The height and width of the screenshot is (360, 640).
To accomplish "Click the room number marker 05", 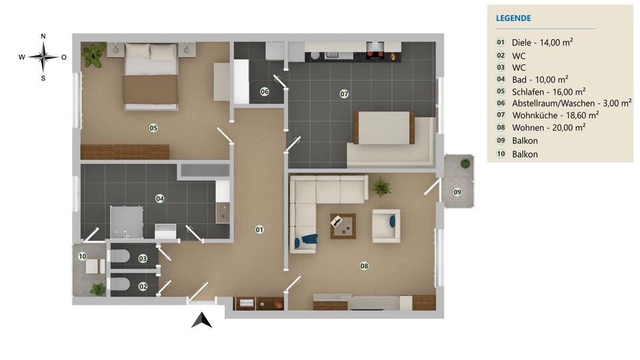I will click(x=153, y=127).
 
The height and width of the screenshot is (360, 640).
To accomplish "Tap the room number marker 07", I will click(x=344, y=94).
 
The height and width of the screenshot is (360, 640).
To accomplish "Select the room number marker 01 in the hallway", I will click(x=259, y=229).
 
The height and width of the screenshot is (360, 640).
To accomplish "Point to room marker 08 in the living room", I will click(x=364, y=265).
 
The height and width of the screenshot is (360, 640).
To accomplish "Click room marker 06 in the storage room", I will click(x=265, y=91).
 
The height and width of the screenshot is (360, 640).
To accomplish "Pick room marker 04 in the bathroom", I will click(x=160, y=198).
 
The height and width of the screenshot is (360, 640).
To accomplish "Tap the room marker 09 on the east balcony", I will click(x=457, y=192).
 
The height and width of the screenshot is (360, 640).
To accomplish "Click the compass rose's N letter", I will click(x=43, y=36).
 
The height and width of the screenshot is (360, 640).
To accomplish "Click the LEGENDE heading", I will click(x=513, y=19).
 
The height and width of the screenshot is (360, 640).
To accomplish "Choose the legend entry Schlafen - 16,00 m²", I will click(x=548, y=91).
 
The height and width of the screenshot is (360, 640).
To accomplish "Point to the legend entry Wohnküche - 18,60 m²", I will click(x=555, y=115).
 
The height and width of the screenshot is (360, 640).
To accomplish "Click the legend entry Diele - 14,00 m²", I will click(x=543, y=42).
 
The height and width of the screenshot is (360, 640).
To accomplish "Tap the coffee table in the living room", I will click(x=343, y=225).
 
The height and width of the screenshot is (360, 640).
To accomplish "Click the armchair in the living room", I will click(x=387, y=225).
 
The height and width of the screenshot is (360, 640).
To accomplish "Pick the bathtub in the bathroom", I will click(x=204, y=171).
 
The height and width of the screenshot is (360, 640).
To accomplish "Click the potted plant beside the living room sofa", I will click(x=381, y=187).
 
